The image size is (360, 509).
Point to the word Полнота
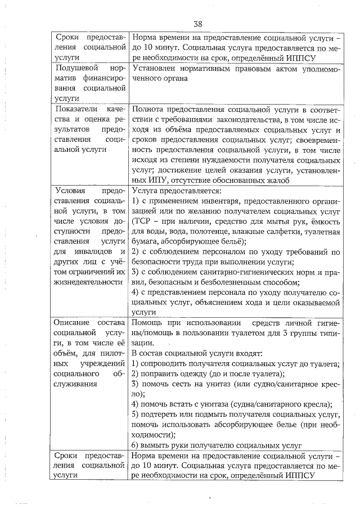pyautogui.click(x=147, y=108)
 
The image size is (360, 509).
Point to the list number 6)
pyautogui.click(x=135, y=445)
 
